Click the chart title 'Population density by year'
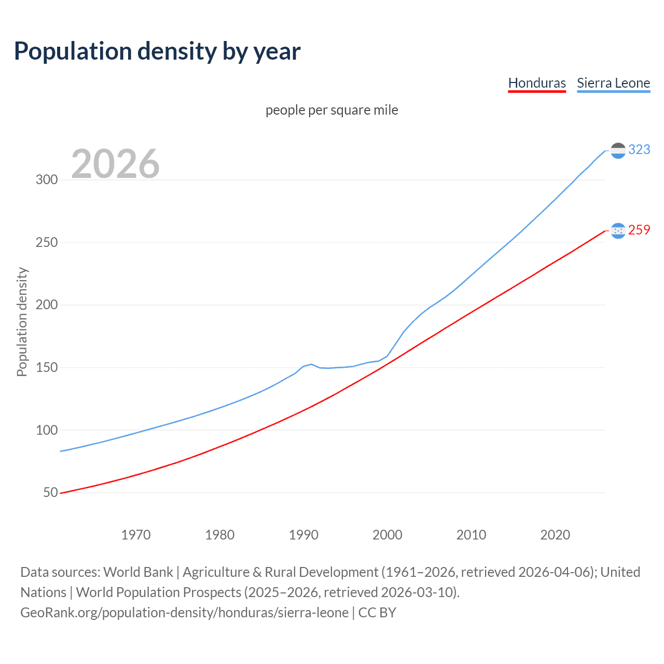(x=157, y=51)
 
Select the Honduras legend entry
(x=537, y=83)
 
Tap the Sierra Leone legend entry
(x=613, y=83)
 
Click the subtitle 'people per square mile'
(x=331, y=110)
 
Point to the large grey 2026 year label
(x=115, y=164)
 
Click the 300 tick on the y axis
(x=47, y=180)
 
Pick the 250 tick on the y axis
(x=47, y=242)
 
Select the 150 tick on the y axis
(x=47, y=368)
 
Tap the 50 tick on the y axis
(x=50, y=492)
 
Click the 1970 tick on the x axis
(x=136, y=535)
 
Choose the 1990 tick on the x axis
(x=303, y=535)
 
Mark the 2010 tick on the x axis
(x=471, y=535)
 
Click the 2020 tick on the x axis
(x=555, y=535)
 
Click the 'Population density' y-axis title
(x=22, y=322)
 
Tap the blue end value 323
(x=639, y=150)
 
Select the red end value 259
(x=639, y=230)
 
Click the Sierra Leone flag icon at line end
(x=618, y=150)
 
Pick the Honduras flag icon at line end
(x=618, y=231)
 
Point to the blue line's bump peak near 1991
(x=311, y=364)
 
